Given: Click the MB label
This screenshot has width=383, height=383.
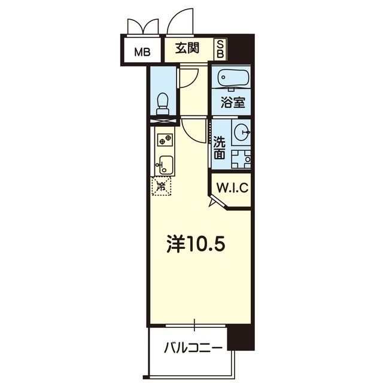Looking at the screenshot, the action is click(142, 52).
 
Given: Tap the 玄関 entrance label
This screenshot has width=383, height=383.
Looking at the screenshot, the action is click(187, 48).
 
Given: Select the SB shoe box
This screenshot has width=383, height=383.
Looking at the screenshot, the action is click(220, 49).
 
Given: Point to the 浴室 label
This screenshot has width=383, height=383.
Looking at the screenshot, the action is click(233, 102).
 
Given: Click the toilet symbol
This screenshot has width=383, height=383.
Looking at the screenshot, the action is click(163, 104).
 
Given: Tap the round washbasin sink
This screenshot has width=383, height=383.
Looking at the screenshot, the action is click(242, 132).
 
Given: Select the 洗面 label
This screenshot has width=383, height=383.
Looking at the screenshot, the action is click(219, 148).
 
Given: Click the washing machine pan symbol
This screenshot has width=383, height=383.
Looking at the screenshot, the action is click(241, 159).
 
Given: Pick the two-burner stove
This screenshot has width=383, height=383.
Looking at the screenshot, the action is click(165, 140).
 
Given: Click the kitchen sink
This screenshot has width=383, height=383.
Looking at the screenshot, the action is click(164, 165).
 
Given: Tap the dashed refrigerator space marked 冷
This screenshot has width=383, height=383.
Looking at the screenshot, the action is click(161, 186).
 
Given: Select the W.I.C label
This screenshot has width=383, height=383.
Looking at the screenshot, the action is click(232, 187).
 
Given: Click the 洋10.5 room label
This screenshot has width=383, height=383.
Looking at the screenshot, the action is click(196, 244).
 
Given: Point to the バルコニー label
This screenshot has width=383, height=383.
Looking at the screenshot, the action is click(193, 348).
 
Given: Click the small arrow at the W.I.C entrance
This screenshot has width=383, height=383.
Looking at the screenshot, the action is click(212, 202).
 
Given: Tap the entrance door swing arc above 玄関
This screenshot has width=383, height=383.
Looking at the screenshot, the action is click(180, 20).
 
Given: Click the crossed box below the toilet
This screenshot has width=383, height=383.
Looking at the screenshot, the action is click(163, 121).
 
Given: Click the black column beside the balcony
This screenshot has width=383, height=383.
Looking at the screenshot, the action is click(241, 338).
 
